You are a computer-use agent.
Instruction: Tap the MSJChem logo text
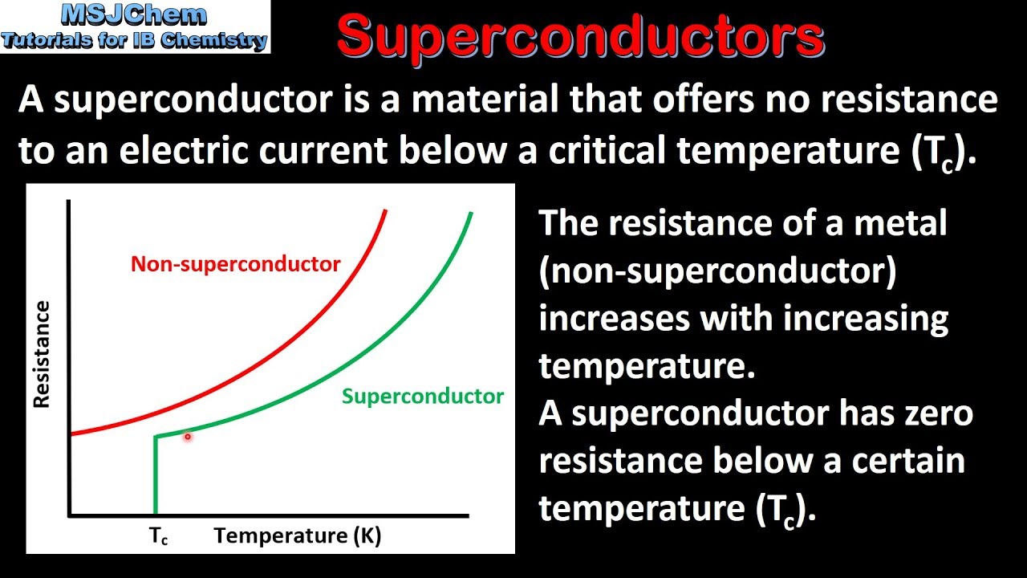pyautogui.click(x=134, y=14)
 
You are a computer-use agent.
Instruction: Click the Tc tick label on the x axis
pyautogui.click(x=159, y=537)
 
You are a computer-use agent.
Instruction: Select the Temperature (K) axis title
pyautogui.click(x=297, y=535)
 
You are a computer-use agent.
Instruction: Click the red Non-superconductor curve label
pyautogui.click(x=235, y=264)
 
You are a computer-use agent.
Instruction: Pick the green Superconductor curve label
pyautogui.click(x=422, y=396)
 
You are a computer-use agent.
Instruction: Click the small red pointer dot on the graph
pyautogui.click(x=188, y=438)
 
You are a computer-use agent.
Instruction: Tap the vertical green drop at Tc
pyautogui.click(x=155, y=478)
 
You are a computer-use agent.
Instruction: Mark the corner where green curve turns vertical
pyautogui.click(x=156, y=437)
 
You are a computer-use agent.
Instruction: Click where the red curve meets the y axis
pyautogui.click(x=71, y=433)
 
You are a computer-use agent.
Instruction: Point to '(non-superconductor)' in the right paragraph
pyautogui.click(x=716, y=271)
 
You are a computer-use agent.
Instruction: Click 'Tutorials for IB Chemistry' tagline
pyautogui.click(x=134, y=40)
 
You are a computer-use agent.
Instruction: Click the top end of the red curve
pyautogui.click(x=386, y=210)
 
